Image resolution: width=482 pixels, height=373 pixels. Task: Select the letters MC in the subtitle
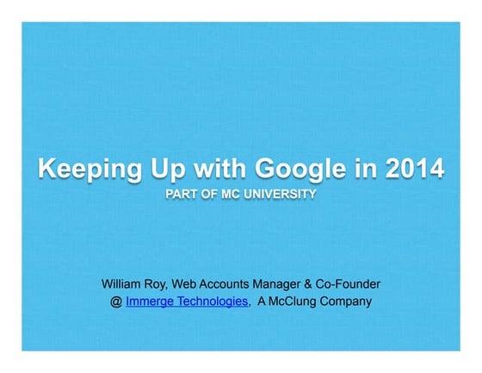click(225, 195)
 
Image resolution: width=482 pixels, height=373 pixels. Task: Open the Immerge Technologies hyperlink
click(187, 302)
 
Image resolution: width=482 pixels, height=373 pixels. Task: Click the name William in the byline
click(121, 283)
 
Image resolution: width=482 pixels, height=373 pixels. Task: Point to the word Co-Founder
click(349, 283)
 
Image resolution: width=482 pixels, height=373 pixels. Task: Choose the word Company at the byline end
click(349, 302)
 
